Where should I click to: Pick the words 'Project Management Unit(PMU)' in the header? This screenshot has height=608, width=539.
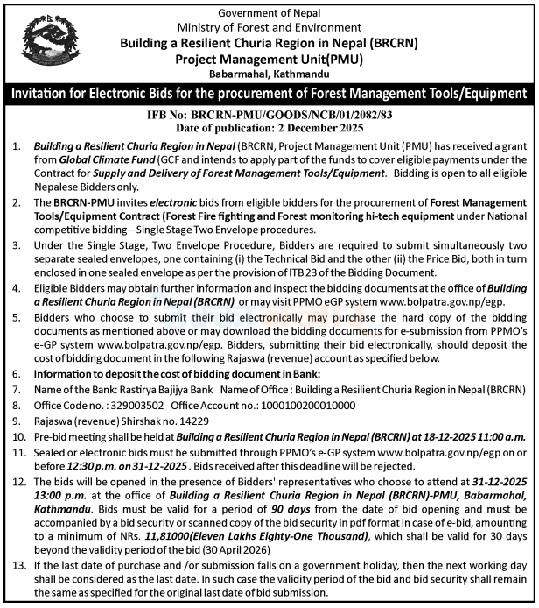click(x=269, y=58)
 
